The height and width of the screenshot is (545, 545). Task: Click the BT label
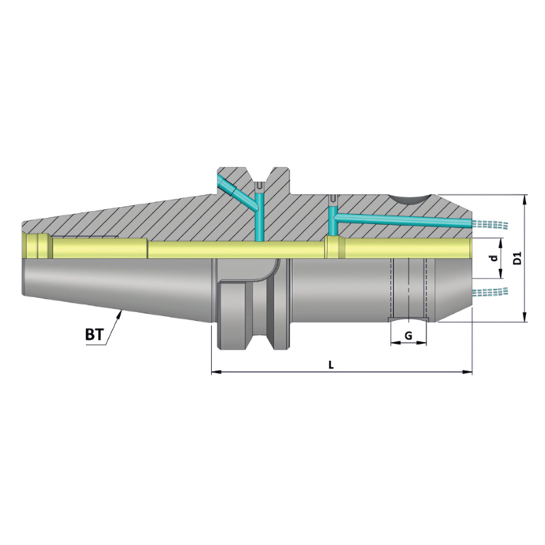click(x=95, y=334)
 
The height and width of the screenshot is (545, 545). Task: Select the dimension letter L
click(x=331, y=365)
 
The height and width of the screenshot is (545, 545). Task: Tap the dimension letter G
click(x=407, y=336)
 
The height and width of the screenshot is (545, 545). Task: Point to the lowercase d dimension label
click(x=492, y=259)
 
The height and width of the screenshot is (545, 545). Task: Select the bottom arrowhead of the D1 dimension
click(x=525, y=318)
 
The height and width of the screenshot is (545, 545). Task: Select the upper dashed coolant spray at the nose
click(x=492, y=224)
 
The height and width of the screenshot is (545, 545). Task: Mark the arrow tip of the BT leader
click(x=121, y=311)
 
